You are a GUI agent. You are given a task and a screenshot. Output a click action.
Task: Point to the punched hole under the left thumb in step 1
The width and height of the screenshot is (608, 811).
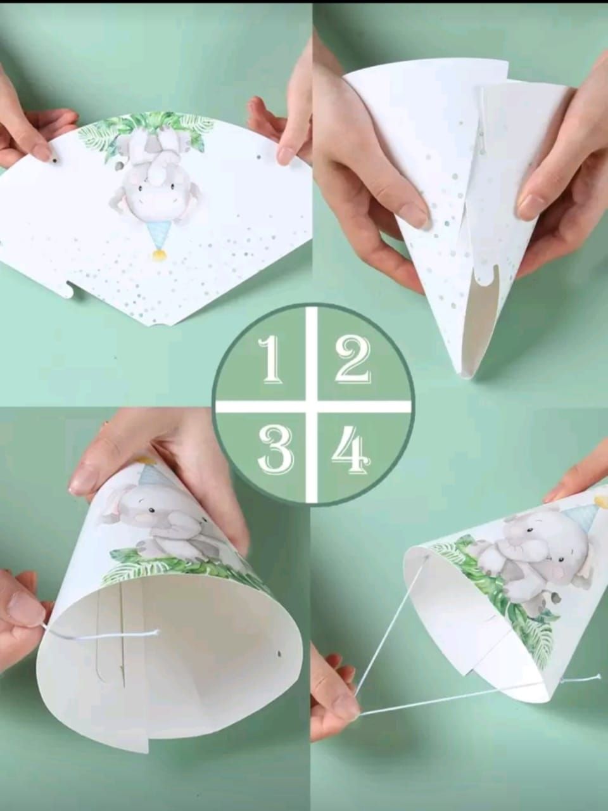tap(54, 161)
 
